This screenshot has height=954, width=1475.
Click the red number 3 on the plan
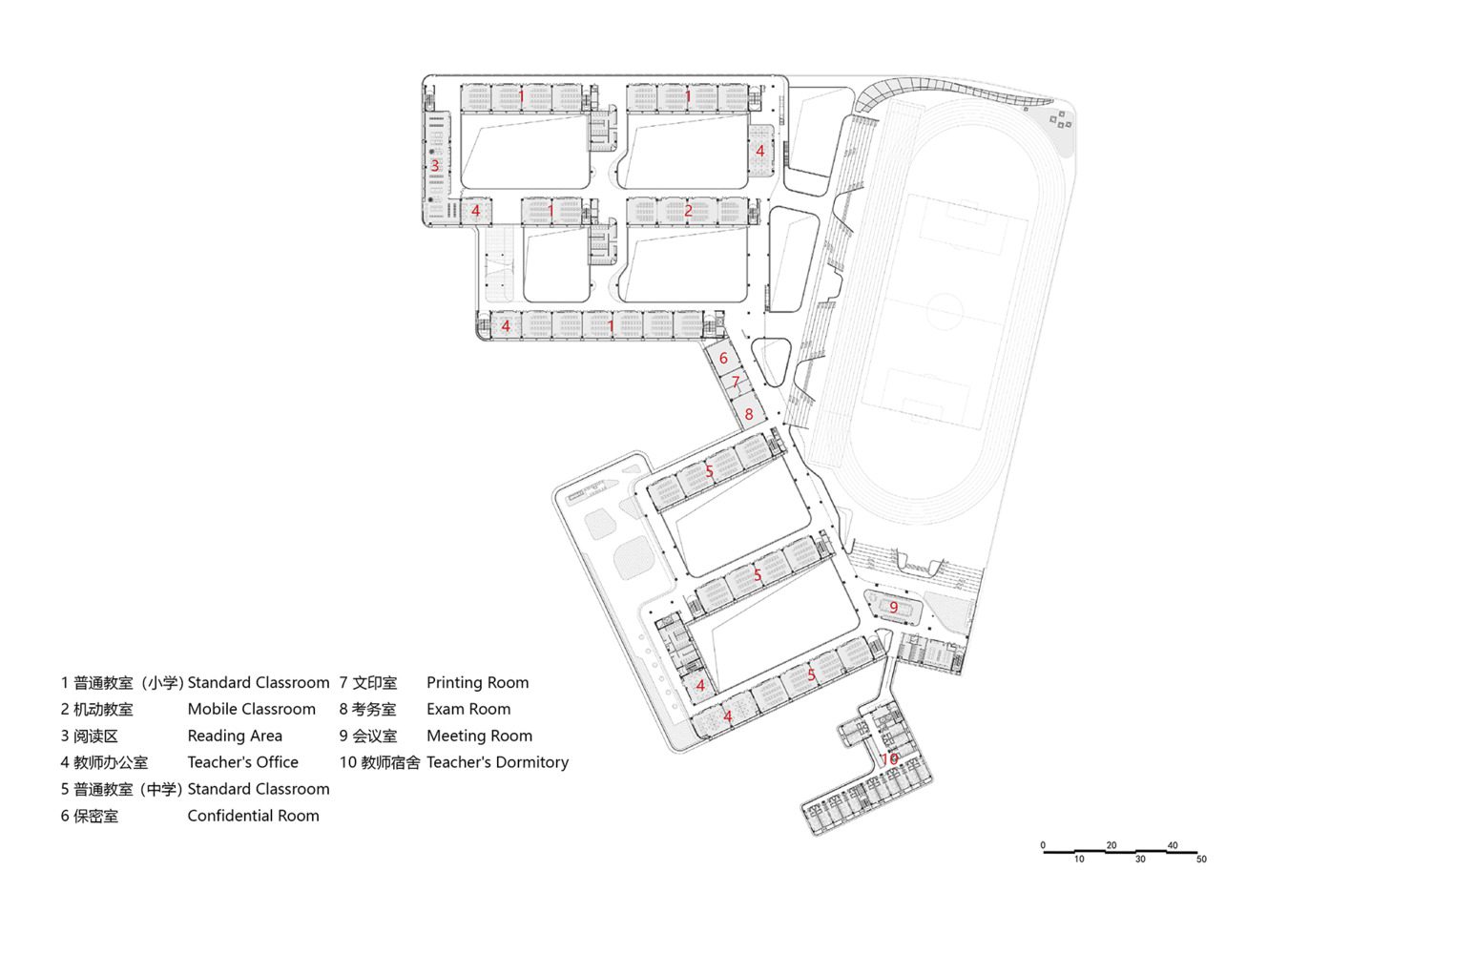pyautogui.click(x=435, y=166)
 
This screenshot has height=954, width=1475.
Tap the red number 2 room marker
pyautogui.click(x=688, y=211)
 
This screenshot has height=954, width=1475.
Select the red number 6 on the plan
pyautogui.click(x=724, y=358)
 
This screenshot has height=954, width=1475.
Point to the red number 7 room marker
pyautogui.click(x=736, y=382)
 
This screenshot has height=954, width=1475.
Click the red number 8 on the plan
pyautogui.click(x=749, y=415)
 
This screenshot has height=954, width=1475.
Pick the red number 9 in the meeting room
pyautogui.click(x=894, y=607)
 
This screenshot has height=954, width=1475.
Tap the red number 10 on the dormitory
pyautogui.click(x=889, y=759)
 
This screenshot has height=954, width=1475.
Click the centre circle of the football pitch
pyautogui.click(x=945, y=312)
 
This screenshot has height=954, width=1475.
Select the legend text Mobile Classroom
pyautogui.click(x=252, y=709)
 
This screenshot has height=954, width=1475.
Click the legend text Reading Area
pyautogui.click(x=235, y=736)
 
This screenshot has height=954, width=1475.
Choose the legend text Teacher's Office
pyautogui.click(x=243, y=761)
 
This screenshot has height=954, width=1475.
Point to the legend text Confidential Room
pyautogui.click(x=254, y=816)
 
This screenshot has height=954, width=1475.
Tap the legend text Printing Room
pyautogui.click(x=477, y=683)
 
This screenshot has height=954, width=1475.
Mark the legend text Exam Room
pyautogui.click(x=468, y=709)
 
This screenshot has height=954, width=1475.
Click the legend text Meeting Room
pyautogui.click(x=479, y=736)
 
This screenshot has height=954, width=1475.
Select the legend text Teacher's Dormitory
pyautogui.click(x=498, y=761)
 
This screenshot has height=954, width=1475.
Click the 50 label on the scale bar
pyautogui.click(x=1202, y=860)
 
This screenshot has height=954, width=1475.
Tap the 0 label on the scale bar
pyautogui.click(x=1043, y=844)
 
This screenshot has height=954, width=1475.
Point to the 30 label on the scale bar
pyautogui.click(x=1140, y=860)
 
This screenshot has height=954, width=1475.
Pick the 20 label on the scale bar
pyautogui.click(x=1111, y=844)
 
